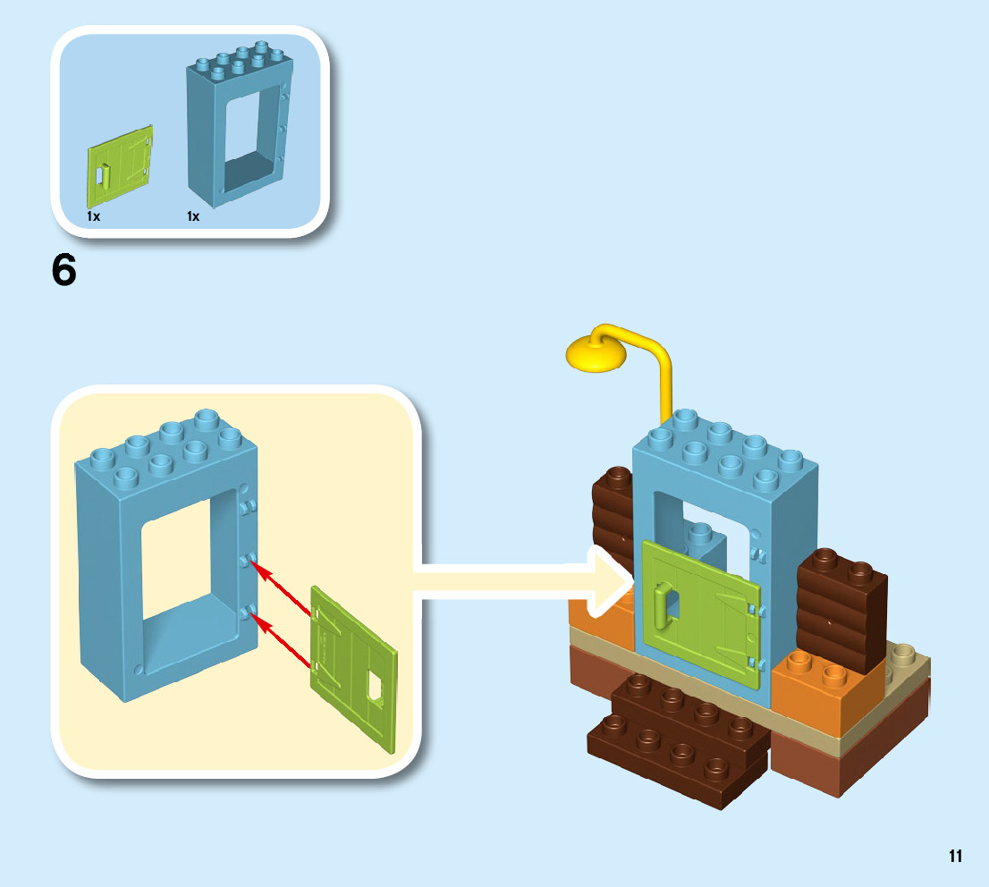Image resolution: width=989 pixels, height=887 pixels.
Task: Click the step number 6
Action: [64, 271]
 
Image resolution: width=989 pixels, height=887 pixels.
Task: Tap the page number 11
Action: [955, 856]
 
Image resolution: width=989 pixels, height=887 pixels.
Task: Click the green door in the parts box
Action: [120, 165]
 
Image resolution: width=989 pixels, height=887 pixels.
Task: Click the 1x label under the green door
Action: [93, 216]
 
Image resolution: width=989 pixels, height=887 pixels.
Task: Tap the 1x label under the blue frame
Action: [193, 216]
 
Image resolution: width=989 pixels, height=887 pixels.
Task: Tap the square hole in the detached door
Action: [376, 688]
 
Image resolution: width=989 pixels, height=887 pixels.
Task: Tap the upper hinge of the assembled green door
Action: [755, 610]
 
